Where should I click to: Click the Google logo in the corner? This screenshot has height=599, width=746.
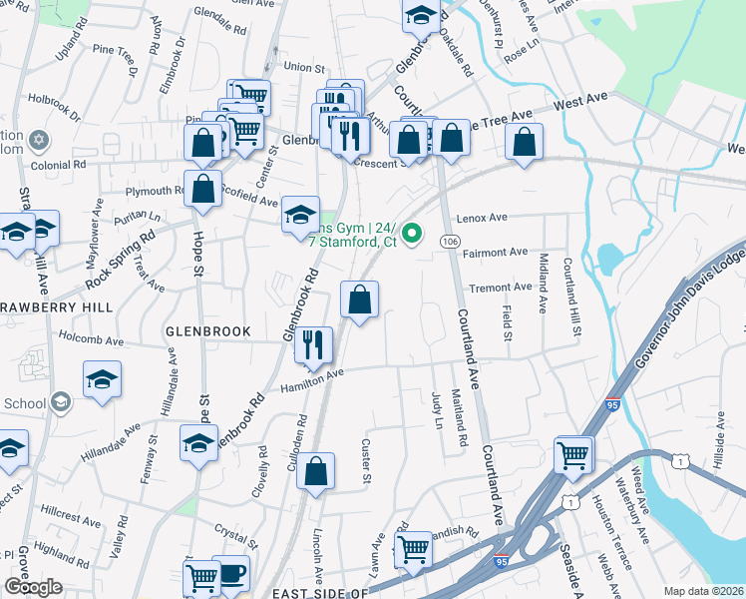click(x=32, y=587)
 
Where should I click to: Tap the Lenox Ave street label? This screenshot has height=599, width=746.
click(x=483, y=218)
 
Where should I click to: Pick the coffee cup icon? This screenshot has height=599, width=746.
click(x=231, y=573)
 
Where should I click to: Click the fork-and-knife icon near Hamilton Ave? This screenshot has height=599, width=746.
click(x=314, y=345)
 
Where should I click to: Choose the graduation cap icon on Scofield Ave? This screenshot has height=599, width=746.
click(x=300, y=215)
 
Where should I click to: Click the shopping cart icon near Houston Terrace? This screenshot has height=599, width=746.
click(x=573, y=455)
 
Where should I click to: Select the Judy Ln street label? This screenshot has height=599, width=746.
click(x=437, y=409)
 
